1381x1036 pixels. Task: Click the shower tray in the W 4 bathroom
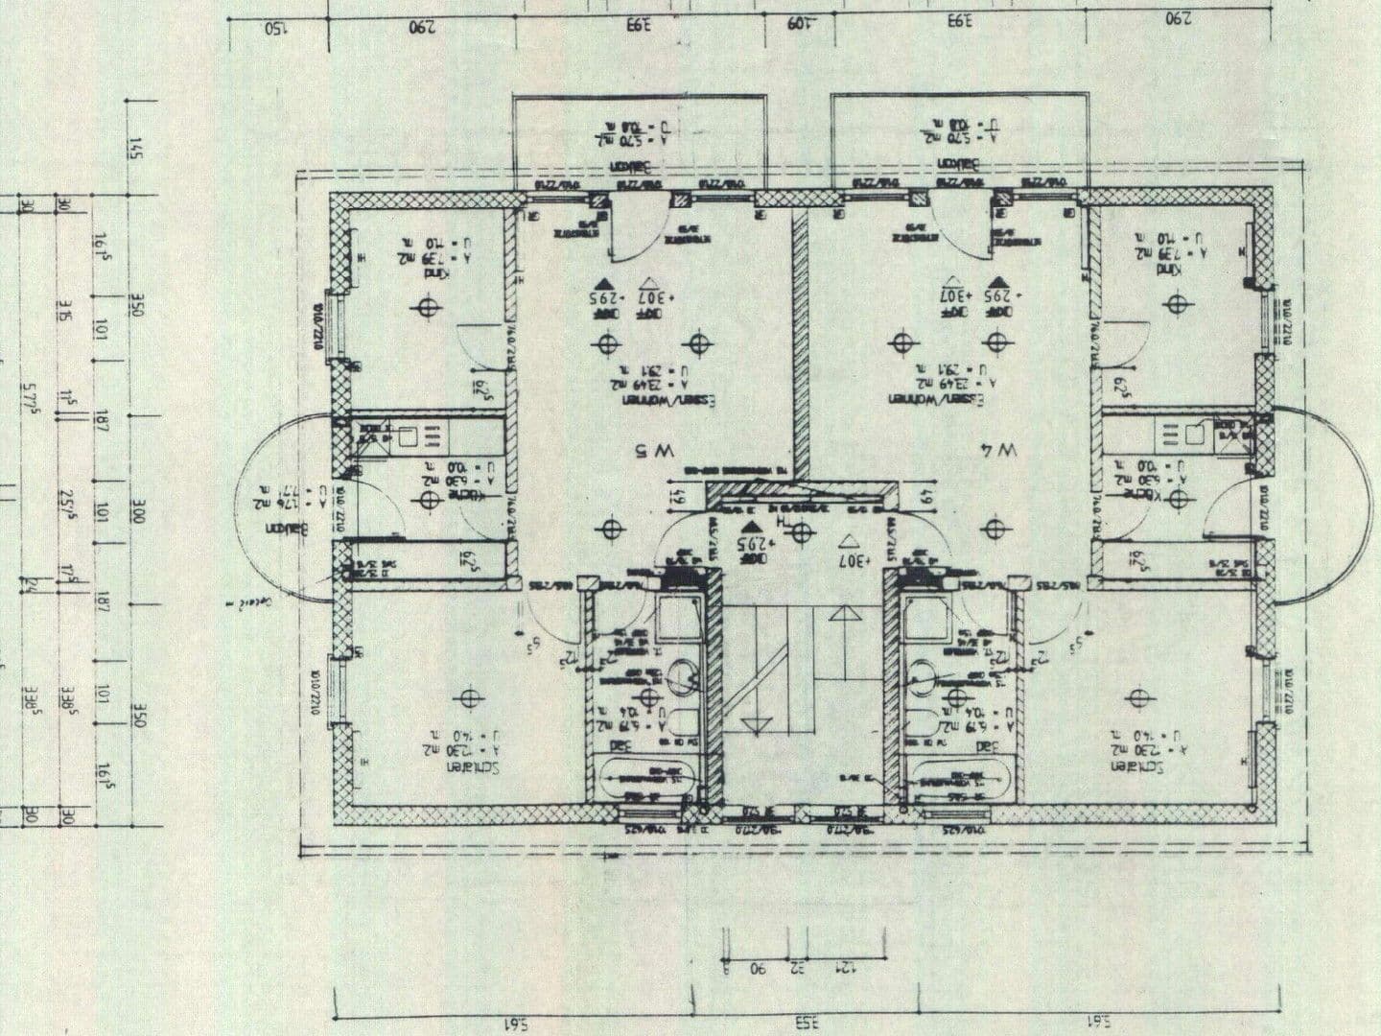[x=926, y=617]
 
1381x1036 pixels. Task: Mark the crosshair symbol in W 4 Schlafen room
[x=1137, y=697]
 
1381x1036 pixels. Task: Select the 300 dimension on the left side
[x=136, y=509]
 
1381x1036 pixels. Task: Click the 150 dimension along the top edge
[x=277, y=25]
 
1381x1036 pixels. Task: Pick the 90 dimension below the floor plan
[x=757, y=969]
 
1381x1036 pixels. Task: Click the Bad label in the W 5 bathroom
[x=621, y=744]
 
